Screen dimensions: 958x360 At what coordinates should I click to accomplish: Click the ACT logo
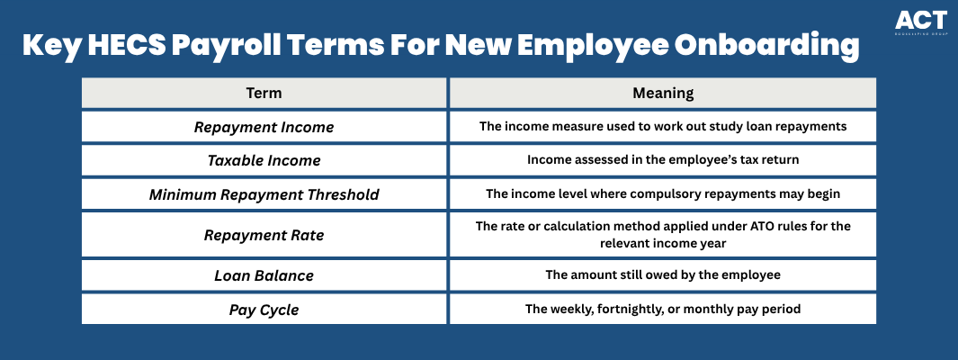pos(921,22)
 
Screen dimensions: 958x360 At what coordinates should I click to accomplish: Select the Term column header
pos(264,93)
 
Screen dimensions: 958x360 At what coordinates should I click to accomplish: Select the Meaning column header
pos(663,93)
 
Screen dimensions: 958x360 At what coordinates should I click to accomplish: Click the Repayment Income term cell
pos(264,127)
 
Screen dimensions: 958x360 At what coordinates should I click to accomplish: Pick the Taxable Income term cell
pos(264,161)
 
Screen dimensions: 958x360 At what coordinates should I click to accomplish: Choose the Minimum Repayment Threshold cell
pos(264,194)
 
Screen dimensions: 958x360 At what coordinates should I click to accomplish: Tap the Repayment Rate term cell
pos(264,235)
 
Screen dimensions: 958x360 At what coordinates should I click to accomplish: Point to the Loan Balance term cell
pos(264,275)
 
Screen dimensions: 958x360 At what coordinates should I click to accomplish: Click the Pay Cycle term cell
pos(264,310)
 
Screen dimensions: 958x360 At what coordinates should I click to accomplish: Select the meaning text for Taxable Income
pos(663,160)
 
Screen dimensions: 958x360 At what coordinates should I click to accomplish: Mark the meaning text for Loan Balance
pos(663,275)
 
